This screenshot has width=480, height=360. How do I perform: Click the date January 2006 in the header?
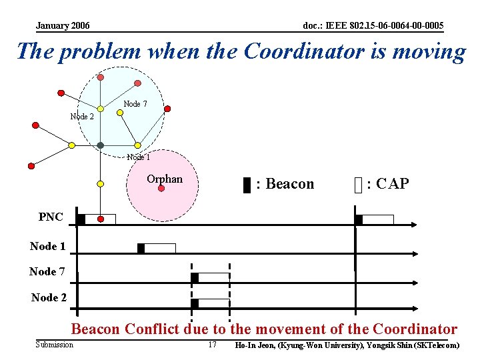[63, 26]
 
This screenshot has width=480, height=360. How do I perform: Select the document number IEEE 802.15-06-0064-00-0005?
[373, 26]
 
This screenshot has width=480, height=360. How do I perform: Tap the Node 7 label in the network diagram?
[135, 103]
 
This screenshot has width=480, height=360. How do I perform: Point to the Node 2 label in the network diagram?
[82, 117]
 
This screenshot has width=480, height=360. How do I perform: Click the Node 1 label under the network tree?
[138, 157]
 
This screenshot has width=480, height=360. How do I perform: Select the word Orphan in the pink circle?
[164, 179]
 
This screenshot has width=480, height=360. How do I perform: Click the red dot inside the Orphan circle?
[161, 189]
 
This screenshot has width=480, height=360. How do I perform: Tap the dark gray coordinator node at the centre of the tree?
[100, 145]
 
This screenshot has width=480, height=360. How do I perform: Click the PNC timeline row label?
[51, 217]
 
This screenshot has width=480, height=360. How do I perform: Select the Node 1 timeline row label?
[48, 246]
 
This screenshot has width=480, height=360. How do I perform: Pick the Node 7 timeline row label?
[47, 271]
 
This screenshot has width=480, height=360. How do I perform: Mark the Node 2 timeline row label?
[49, 297]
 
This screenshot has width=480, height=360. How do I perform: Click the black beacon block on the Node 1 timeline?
[141, 248]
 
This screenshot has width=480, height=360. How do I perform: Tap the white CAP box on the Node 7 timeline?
[214, 277]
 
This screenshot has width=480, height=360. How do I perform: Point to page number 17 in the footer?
[213, 345]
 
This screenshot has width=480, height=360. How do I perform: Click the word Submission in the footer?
[55, 345]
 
